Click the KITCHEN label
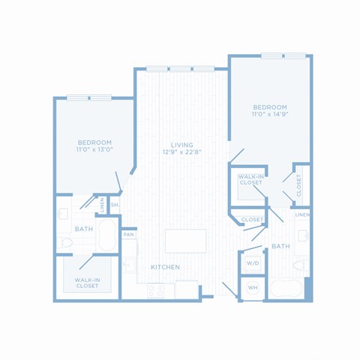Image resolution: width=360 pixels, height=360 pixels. pyautogui.click(x=165, y=267)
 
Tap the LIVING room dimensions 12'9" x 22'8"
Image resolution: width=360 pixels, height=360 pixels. pyautogui.click(x=182, y=152)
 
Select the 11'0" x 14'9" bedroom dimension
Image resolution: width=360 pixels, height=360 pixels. pyautogui.click(x=270, y=115)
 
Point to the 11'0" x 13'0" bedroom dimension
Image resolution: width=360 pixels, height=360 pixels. pyautogui.click(x=94, y=150)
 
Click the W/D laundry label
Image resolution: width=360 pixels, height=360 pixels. pyautogui.click(x=253, y=263)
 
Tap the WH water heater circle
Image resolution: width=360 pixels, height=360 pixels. pyautogui.click(x=253, y=288)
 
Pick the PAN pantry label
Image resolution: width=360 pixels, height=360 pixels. pyautogui.click(x=129, y=235)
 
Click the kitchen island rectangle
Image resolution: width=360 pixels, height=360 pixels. pyautogui.click(x=185, y=241)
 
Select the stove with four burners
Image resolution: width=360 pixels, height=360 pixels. pyautogui.click(x=156, y=290)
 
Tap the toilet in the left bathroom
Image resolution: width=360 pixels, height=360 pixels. pyautogui.click(x=64, y=242)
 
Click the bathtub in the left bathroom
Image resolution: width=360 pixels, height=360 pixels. pyautogui.click(x=107, y=235)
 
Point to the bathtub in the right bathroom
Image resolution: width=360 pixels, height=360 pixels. pyautogui.click(x=286, y=289)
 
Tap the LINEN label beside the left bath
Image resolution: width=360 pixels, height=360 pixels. pyautogui.click(x=102, y=205)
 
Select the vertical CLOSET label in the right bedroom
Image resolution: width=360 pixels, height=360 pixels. pyautogui.click(x=298, y=185)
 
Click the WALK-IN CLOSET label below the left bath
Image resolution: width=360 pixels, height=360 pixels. pyautogui.click(x=87, y=283)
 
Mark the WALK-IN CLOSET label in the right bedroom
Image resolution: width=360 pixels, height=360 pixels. pyautogui.click(x=250, y=180)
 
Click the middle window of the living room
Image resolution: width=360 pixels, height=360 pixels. pyautogui.click(x=180, y=68)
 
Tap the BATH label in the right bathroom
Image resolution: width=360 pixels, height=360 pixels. pyautogui.click(x=280, y=247)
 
